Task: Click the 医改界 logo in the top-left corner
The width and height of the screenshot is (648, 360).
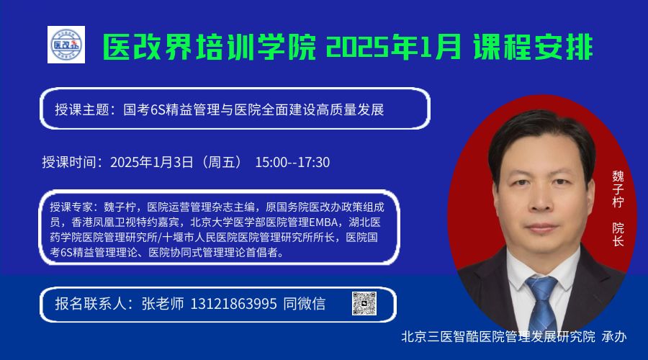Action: [66, 45]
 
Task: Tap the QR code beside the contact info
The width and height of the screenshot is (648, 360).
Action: [364, 304]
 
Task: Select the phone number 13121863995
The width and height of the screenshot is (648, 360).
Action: [233, 304]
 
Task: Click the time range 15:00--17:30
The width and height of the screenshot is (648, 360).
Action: [292, 162]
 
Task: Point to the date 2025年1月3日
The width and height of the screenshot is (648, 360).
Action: [152, 162]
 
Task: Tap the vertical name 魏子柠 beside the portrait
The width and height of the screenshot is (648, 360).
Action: [618, 189]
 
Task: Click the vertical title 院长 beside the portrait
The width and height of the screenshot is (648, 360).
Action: [618, 234]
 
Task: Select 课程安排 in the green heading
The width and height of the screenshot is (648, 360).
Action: [534, 47]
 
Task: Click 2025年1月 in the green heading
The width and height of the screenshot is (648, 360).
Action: [393, 47]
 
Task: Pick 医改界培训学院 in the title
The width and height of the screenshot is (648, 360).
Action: [209, 47]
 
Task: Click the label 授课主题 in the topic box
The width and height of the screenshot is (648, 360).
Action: [82, 109]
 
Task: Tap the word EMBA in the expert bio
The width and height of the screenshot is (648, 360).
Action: [323, 222]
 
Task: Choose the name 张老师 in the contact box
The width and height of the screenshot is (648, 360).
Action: [163, 304]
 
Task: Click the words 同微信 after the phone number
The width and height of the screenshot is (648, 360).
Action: [305, 304]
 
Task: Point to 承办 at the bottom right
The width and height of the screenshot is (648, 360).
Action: [614, 336]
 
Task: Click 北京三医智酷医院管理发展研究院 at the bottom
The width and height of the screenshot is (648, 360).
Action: [498, 336]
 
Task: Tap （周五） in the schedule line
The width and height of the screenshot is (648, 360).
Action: [221, 162]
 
